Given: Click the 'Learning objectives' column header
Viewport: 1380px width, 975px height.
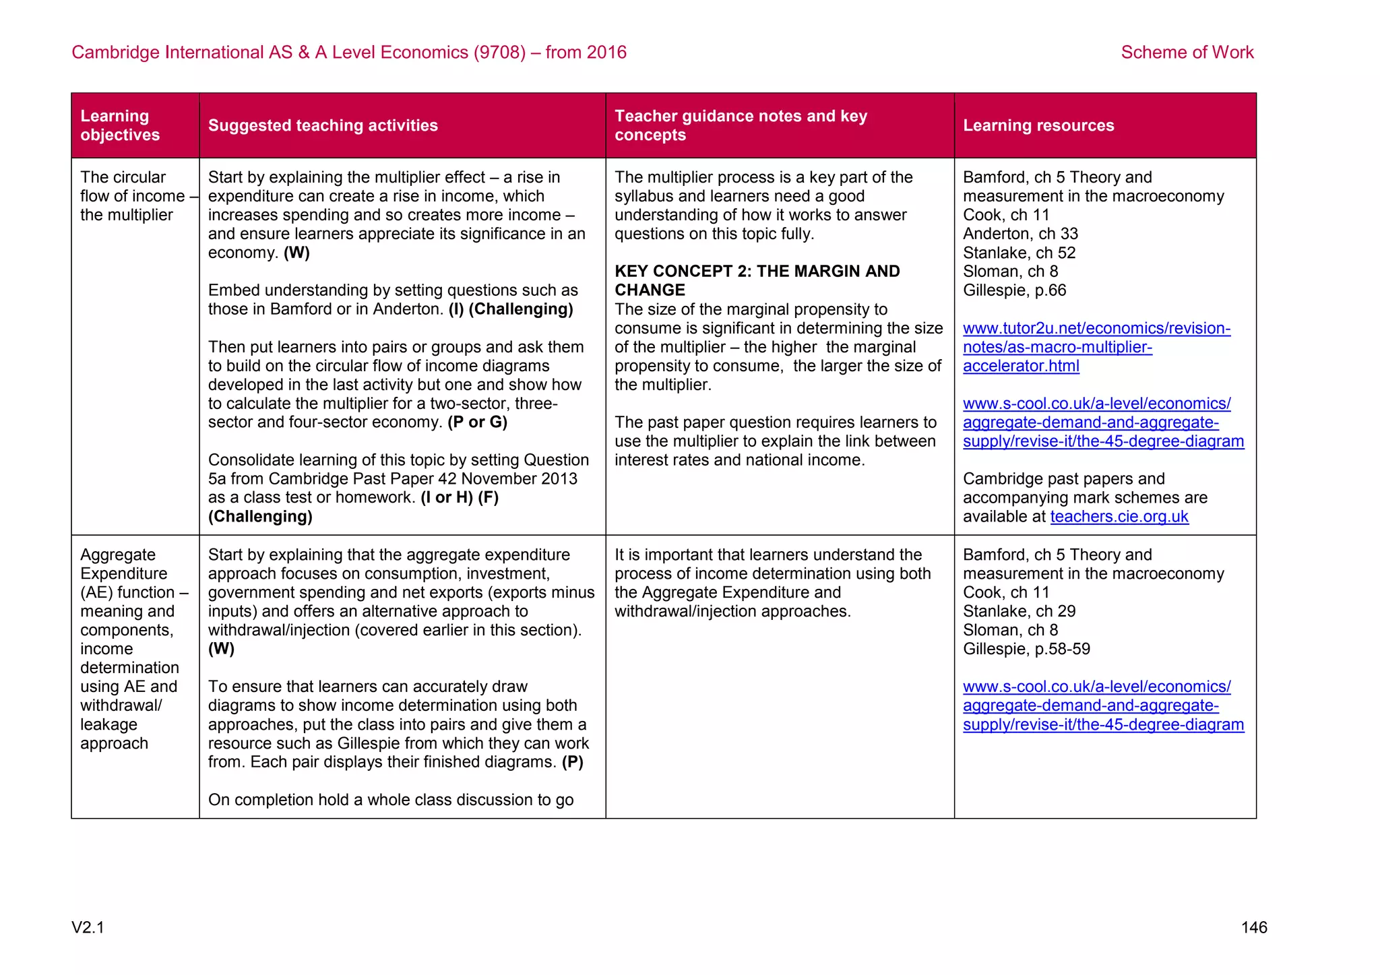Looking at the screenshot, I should (120, 125).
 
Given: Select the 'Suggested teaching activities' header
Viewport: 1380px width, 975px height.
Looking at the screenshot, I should (323, 125).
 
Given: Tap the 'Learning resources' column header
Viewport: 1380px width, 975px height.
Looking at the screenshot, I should (1038, 125).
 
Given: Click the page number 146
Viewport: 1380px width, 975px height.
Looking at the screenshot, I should (1253, 927).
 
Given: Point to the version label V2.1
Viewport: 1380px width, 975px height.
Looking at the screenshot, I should (88, 927).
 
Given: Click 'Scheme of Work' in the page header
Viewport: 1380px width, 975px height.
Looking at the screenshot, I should (1187, 53).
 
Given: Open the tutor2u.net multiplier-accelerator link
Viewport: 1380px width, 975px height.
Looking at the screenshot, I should (1096, 347).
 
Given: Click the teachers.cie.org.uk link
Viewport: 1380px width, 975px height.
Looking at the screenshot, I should (1119, 517).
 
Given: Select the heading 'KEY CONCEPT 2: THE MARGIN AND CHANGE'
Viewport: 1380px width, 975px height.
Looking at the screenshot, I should (757, 280).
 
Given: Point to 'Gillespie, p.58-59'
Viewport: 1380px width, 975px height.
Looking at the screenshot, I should (1026, 649).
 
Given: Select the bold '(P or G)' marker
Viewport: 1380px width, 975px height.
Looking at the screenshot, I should (477, 422).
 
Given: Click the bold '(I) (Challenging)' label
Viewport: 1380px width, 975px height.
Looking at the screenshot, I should (511, 309).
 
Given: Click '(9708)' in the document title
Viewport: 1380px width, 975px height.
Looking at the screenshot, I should (499, 53).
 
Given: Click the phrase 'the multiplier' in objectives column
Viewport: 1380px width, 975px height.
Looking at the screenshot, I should (127, 215).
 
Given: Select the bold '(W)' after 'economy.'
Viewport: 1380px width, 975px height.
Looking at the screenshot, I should (296, 253).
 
